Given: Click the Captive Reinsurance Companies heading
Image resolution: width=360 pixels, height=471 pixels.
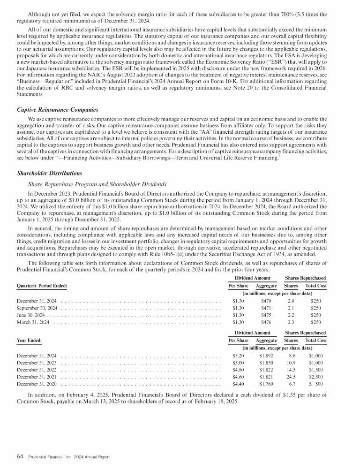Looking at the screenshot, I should click(57, 109).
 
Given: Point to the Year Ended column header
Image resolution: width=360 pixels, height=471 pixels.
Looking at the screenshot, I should click(29, 340).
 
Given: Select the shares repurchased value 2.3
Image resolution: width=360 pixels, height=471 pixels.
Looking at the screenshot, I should click(291, 323).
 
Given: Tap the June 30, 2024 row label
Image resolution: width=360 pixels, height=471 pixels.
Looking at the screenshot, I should click(30, 315).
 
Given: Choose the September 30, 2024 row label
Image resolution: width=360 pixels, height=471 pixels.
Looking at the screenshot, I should click(37, 308).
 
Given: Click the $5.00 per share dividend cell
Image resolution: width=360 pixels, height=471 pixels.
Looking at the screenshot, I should click(238, 363).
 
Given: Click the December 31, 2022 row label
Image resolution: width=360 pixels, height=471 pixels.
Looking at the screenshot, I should click(37, 370).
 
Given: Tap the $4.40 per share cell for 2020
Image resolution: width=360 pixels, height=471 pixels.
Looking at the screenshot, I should click(238, 385).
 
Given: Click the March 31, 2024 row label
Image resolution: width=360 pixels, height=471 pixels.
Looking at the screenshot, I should click(33, 323).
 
